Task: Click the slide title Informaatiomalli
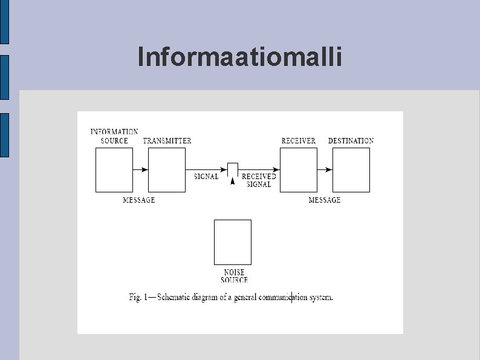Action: coord(239,57)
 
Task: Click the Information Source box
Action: coord(114,170)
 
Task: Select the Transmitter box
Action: coord(167,170)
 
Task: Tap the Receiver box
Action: coord(299,170)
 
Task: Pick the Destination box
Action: coord(351,170)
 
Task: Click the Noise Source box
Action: coord(233,242)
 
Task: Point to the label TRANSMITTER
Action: coord(167,141)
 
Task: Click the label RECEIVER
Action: coord(299,141)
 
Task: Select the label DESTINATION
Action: coord(351,141)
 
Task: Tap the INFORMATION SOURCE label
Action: coord(114,136)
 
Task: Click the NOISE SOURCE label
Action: coord(233,277)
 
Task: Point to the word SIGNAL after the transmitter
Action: coord(206,177)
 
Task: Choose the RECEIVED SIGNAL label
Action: coord(259,180)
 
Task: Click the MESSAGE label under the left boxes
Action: coord(139,200)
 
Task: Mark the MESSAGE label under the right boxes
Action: coord(325,200)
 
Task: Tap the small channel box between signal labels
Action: coord(233,169)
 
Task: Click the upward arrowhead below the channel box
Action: coord(233,181)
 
